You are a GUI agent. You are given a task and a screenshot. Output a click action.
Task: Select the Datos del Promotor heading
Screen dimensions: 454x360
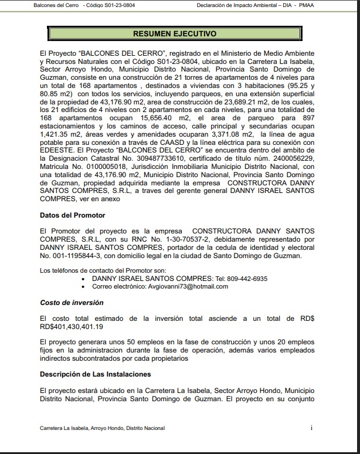click(x=73, y=215)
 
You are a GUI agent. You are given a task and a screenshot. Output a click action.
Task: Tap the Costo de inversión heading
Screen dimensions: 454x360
click(x=72, y=303)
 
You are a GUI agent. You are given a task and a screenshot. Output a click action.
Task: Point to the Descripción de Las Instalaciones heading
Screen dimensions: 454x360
click(x=96, y=374)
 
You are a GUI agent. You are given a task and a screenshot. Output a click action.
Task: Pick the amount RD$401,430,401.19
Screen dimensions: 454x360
click(x=72, y=326)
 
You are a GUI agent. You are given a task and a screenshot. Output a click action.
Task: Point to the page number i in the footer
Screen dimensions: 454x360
click(x=311, y=428)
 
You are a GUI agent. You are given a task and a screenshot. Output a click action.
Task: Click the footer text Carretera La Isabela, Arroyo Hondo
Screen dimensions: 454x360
click(x=103, y=429)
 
